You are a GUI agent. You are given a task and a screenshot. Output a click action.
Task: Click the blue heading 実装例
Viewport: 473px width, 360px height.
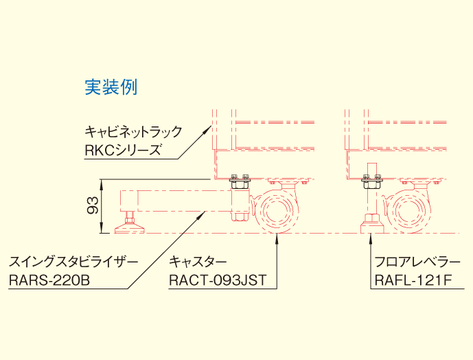click(x=111, y=87)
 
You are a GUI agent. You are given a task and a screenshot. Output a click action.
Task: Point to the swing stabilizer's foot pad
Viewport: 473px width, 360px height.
click(x=130, y=225)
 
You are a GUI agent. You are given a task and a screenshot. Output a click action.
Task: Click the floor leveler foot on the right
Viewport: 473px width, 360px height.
click(x=371, y=224)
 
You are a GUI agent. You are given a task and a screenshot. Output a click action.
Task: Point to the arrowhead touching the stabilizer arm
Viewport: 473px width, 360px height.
click(x=203, y=214)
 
